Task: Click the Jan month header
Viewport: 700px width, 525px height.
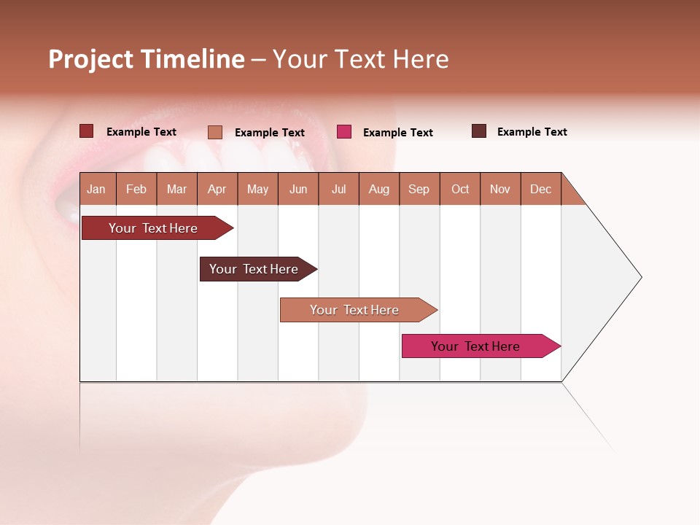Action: [x=96, y=189]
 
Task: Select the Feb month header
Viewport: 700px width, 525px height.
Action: [x=136, y=189]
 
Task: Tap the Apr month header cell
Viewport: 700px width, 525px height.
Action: [x=217, y=189]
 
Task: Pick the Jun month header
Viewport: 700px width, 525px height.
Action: [x=298, y=189]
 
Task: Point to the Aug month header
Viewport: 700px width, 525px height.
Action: [x=378, y=189]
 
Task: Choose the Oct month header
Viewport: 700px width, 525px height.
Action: [x=460, y=189]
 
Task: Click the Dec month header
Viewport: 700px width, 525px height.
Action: [x=540, y=189]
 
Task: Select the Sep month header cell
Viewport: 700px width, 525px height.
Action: [x=419, y=189]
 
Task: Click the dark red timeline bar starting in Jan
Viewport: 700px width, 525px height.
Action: [x=153, y=228]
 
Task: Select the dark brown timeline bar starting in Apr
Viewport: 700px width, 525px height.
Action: [x=254, y=269]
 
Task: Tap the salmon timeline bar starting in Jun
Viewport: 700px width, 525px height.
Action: [x=354, y=310]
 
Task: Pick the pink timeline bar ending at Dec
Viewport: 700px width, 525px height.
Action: [x=475, y=346]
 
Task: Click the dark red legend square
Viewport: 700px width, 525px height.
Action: [x=86, y=131]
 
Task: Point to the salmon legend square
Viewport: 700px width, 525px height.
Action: [x=214, y=132]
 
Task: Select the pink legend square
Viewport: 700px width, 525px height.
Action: [x=344, y=132]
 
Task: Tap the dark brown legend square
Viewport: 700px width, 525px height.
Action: [x=478, y=131]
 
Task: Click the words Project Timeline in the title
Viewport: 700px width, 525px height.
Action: [x=146, y=59]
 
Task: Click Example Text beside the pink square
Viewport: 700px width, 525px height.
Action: [x=398, y=133]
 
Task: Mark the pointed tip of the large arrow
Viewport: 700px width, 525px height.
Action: [x=640, y=277]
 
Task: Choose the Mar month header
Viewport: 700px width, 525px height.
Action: [x=176, y=189]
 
